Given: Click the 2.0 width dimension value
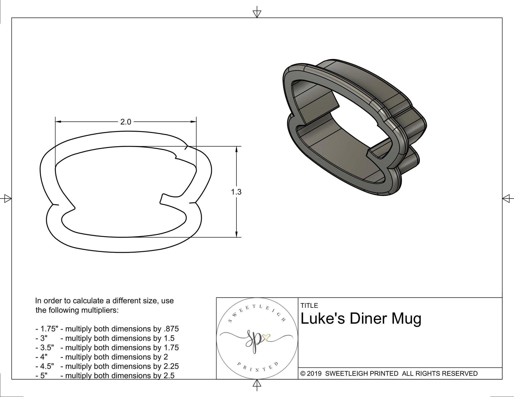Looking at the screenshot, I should (x=126, y=122).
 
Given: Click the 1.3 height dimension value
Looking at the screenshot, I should (x=236, y=192).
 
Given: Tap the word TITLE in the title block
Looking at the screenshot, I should (x=309, y=305).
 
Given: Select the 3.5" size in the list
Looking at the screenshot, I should (x=47, y=348).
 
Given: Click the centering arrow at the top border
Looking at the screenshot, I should (x=256, y=13).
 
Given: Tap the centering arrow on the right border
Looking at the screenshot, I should (x=507, y=198).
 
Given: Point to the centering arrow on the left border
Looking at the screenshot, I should (x=7, y=198).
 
